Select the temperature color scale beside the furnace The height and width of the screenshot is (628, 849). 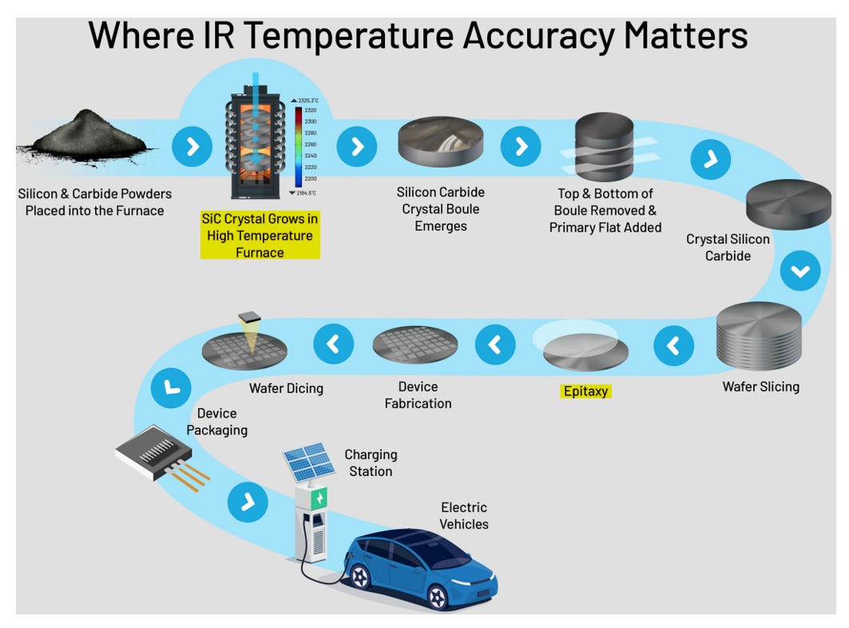(299, 148)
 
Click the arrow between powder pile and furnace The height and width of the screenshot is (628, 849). (192, 146)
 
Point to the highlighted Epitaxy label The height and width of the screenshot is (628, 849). (585, 392)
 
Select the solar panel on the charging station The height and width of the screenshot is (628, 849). (308, 463)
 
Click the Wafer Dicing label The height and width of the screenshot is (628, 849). (286, 388)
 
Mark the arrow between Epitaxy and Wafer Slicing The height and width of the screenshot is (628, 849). (673, 346)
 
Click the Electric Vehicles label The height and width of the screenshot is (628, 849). (464, 515)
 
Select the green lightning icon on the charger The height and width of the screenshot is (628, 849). (319, 499)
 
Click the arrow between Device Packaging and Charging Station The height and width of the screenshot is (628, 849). (248, 502)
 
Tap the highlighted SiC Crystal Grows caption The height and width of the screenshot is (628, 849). (260, 235)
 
